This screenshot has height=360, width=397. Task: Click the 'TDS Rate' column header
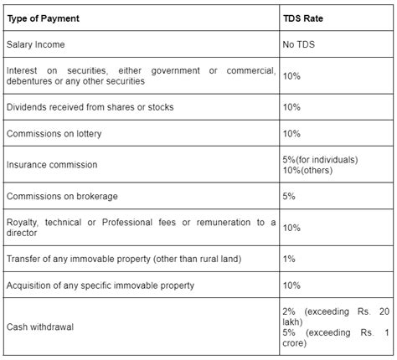tap(305, 15)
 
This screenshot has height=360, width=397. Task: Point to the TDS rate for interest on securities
tap(292, 75)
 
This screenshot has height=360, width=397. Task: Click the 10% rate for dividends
tap(292, 108)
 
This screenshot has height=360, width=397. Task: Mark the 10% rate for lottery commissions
tap(292, 134)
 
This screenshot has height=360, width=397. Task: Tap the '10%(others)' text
tap(309, 171)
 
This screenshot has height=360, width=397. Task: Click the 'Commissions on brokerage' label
tap(61, 197)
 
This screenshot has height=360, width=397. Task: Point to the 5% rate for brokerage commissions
tap(290, 197)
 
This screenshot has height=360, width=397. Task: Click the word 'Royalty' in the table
tap(21, 222)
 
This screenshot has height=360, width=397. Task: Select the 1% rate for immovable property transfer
tap(290, 260)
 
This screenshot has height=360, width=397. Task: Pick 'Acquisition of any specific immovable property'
tap(100, 285)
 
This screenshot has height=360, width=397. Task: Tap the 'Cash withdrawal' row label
tap(40, 327)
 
